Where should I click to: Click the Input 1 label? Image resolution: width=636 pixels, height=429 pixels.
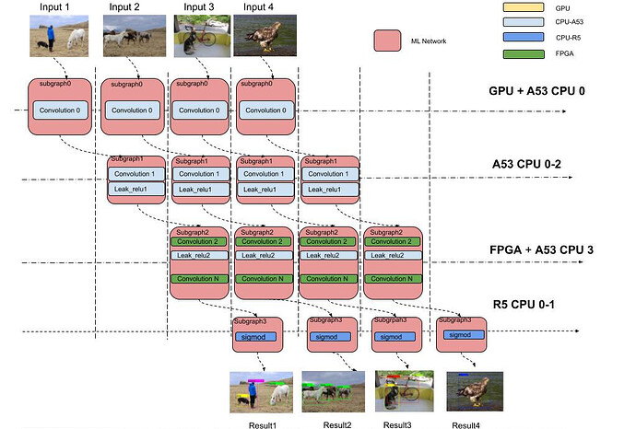[x=55, y=7]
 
